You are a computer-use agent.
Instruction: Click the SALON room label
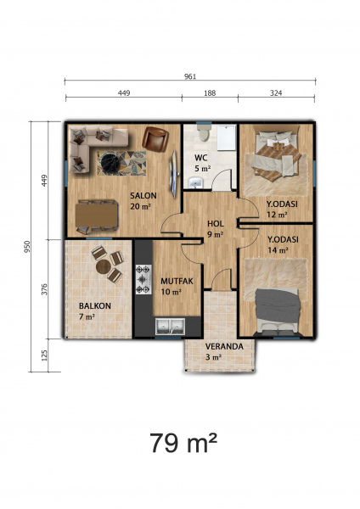(143, 196)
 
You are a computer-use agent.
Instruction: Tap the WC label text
(200, 158)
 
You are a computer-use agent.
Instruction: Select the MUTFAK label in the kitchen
(177, 281)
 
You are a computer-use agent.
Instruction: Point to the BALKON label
(95, 305)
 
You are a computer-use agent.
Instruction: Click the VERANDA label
(224, 346)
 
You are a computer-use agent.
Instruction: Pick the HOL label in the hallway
(216, 224)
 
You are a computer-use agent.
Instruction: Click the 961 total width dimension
(190, 76)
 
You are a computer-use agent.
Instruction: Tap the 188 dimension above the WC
(210, 93)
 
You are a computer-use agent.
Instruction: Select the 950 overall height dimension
(27, 247)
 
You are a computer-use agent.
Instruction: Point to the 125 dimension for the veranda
(45, 355)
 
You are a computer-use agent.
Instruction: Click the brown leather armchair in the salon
(155, 139)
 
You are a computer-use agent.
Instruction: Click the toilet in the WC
(204, 132)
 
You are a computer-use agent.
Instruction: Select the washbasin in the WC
(195, 182)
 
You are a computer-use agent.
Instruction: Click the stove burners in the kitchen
(143, 279)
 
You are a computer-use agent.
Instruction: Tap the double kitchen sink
(170, 327)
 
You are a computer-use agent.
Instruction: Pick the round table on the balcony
(104, 267)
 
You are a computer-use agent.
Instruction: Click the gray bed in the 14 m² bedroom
(277, 311)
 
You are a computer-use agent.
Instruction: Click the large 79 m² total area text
(183, 443)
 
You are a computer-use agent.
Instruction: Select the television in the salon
(174, 174)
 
